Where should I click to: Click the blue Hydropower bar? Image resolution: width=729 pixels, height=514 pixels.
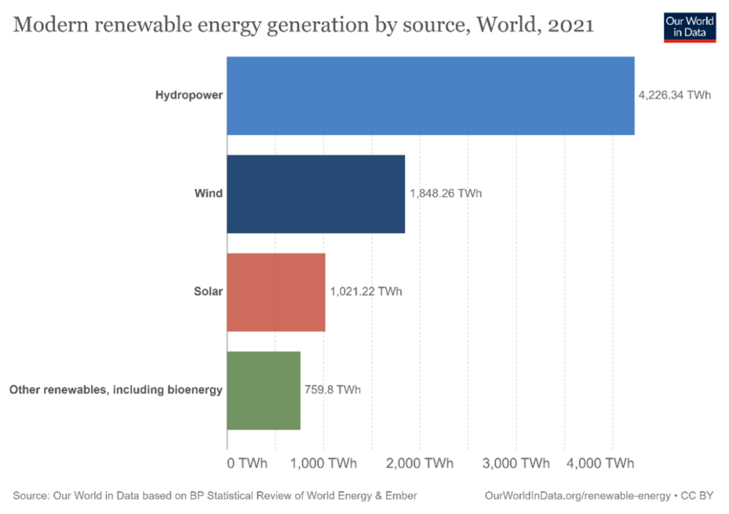pyautogui.click(x=430, y=96)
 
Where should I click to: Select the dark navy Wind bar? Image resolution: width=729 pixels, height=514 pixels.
pyautogui.click(x=316, y=194)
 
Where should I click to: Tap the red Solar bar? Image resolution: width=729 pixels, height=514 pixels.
pyautogui.click(x=276, y=293)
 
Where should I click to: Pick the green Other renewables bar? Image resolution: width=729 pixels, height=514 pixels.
pyautogui.click(x=263, y=391)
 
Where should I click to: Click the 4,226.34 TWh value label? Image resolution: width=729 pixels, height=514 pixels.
pyautogui.click(x=674, y=96)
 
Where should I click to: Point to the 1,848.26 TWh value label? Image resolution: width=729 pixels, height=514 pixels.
pyautogui.click(x=446, y=194)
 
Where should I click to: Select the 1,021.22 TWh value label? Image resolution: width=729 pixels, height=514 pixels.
pyautogui.click(x=366, y=292)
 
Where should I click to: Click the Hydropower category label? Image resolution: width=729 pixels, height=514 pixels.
pyautogui.click(x=189, y=96)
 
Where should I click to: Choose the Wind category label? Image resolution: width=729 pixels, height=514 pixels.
pyautogui.click(x=209, y=194)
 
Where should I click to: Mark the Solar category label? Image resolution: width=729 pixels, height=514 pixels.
pyautogui.click(x=208, y=292)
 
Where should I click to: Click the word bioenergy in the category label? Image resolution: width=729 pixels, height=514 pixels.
pyautogui.click(x=194, y=390)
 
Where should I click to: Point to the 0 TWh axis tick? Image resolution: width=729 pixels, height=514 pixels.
pyautogui.click(x=247, y=463)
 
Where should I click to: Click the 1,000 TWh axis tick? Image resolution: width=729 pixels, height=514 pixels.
pyautogui.click(x=323, y=463)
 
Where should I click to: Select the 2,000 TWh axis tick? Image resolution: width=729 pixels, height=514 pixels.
pyautogui.click(x=420, y=463)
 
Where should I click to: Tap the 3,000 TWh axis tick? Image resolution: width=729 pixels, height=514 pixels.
pyautogui.click(x=516, y=463)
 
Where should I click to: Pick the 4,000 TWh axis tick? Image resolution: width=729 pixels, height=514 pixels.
pyautogui.click(x=601, y=463)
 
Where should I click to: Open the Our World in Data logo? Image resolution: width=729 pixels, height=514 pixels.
pyautogui.click(x=689, y=26)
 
